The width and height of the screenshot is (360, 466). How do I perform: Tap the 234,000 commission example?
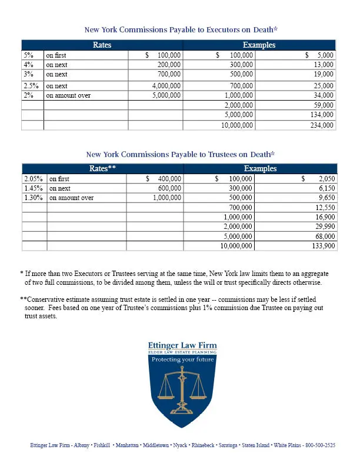321,125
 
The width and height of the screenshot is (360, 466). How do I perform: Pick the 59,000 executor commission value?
322,105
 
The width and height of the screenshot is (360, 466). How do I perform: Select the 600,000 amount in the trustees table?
169,188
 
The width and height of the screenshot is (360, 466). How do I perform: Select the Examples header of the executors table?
259,45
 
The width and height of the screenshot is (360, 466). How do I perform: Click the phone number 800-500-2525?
320,446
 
